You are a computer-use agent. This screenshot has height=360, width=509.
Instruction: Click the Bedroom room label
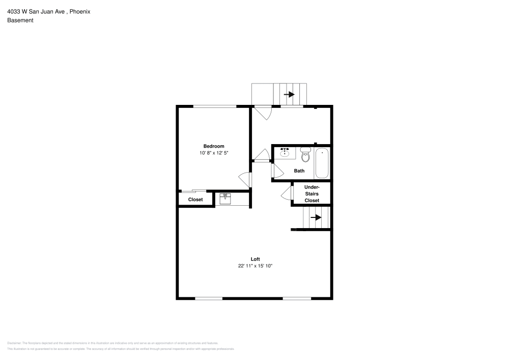coord(214,146)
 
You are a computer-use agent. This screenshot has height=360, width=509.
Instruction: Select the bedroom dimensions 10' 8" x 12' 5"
coord(214,153)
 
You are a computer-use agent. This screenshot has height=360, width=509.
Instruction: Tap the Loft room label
coord(256,259)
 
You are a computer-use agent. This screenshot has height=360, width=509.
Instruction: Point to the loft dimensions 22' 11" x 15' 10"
coord(256,266)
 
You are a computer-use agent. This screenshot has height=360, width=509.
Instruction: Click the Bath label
coord(299,171)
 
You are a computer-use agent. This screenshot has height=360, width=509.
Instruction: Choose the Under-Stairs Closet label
coord(312,194)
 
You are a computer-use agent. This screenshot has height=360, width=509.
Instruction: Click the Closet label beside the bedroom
coord(195,200)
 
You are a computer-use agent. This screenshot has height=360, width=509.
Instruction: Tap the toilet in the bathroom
coord(305,154)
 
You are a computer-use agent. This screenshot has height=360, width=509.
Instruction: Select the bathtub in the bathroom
coord(322,163)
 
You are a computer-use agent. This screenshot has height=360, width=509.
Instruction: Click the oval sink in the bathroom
coord(285,153)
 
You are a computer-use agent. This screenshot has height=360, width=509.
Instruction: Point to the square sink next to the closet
coord(225,199)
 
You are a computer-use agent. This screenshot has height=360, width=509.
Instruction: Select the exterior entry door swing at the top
coord(264,113)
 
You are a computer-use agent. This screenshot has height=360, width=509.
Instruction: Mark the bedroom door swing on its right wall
coord(245,179)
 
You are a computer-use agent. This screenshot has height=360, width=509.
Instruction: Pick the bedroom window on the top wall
coord(215,106)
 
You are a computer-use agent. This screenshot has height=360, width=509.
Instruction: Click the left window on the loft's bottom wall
coord(209,298)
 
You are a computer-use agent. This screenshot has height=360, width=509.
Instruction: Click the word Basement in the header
coord(20,20)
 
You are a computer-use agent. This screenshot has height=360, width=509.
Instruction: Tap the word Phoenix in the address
coord(80,11)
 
